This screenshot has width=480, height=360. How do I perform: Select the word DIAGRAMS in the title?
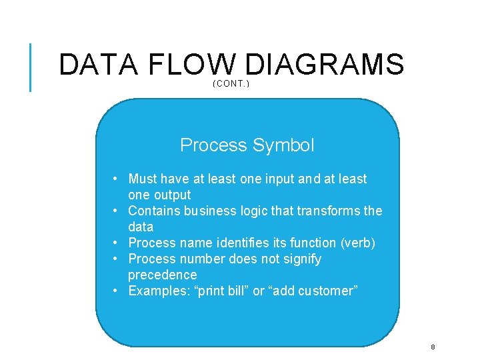pyautogui.click(x=324, y=65)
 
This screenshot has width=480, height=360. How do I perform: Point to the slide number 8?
pyautogui.click(x=433, y=347)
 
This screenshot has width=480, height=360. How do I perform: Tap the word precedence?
pyautogui.click(x=162, y=275)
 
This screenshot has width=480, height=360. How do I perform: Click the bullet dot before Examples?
pyautogui.click(x=116, y=291)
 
